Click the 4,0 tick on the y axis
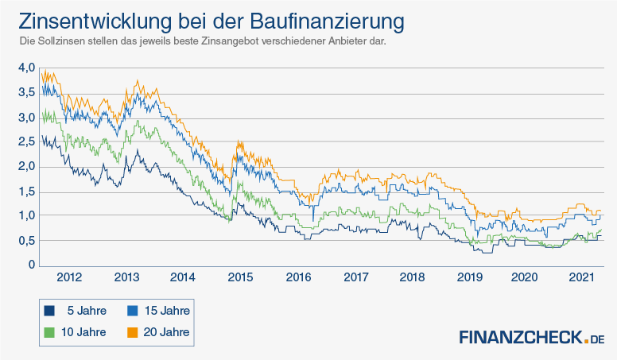[26, 68]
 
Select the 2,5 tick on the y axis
[26, 142]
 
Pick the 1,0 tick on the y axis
[26, 216]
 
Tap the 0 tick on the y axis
[32, 265]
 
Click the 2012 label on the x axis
[69, 277]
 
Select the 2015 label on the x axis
[240, 277]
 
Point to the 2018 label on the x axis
[412, 277]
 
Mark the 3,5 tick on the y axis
[26, 93]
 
